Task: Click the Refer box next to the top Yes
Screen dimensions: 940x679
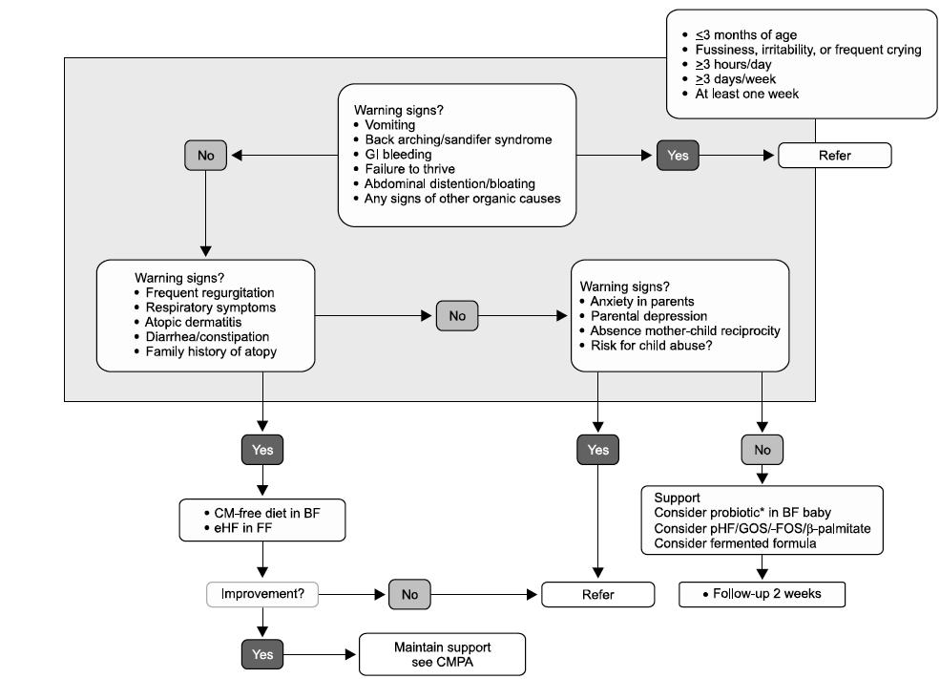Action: pos(834,156)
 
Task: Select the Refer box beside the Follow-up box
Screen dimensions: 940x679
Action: pos(597,594)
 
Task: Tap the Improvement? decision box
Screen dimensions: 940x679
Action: pos(262,594)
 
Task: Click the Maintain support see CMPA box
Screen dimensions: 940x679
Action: pos(442,654)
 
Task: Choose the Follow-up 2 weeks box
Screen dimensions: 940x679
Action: pos(762,594)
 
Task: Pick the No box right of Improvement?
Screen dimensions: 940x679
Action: pos(409,594)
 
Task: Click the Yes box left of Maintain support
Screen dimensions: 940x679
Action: pos(262,654)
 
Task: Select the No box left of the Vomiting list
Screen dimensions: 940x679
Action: pos(205,156)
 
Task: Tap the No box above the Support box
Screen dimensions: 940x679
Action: pos(762,450)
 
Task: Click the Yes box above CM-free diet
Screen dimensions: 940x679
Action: pos(262,450)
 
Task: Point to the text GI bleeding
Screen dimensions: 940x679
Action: pos(398,154)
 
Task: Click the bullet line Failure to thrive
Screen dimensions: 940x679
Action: pos(409,169)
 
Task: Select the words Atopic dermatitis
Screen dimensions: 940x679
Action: pos(193,322)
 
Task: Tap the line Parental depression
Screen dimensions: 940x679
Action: pos(649,316)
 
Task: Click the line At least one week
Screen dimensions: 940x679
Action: pos(746,94)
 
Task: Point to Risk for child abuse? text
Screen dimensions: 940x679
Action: pos(651,346)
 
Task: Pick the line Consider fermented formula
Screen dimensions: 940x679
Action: pos(735,543)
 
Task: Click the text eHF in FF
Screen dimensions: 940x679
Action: pos(242,528)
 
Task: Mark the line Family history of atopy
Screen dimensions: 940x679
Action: pos(211,351)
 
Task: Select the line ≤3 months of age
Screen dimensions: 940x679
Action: pos(745,34)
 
